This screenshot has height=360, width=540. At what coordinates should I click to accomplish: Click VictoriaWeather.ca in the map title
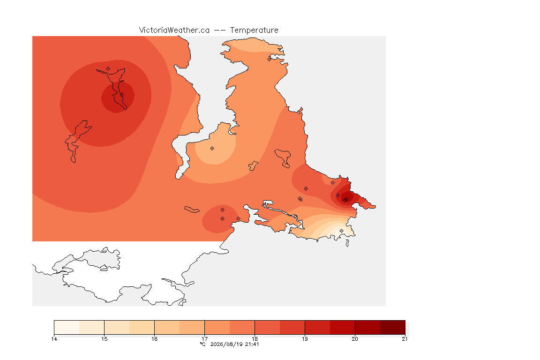coord(174,30)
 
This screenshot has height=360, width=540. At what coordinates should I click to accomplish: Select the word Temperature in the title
coord(254,30)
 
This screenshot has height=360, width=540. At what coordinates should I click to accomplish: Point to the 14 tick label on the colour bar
coord(54,339)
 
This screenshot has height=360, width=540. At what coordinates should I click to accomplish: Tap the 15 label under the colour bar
coord(105,339)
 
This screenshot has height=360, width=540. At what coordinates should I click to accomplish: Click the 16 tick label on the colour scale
coord(154,339)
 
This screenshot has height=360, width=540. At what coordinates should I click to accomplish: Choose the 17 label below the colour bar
coord(204,339)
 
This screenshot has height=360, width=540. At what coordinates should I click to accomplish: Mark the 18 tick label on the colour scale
coord(255,339)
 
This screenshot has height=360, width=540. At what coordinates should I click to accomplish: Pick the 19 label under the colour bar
coord(305,339)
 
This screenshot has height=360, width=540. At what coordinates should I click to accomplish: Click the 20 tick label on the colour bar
coord(355,339)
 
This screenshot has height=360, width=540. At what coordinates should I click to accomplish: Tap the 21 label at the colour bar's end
coord(405,339)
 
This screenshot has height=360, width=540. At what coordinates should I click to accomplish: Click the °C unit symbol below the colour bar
coord(203,344)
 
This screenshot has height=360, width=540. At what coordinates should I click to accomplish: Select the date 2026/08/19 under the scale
coord(226,344)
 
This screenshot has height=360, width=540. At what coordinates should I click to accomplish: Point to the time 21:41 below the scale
coord(252,344)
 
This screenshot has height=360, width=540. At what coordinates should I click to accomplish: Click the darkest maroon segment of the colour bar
coord(393,327)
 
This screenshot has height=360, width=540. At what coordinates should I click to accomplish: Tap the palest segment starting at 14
coord(67,327)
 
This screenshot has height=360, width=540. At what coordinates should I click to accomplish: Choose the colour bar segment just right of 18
coord(267,327)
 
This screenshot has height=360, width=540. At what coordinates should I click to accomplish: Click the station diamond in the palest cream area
coord(341,231)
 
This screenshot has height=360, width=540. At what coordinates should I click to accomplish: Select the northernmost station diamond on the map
coord(270,59)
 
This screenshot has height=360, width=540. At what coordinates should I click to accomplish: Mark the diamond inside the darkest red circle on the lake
coord(122,95)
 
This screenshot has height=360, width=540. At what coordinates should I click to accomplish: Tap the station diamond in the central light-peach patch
coord(212,149)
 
